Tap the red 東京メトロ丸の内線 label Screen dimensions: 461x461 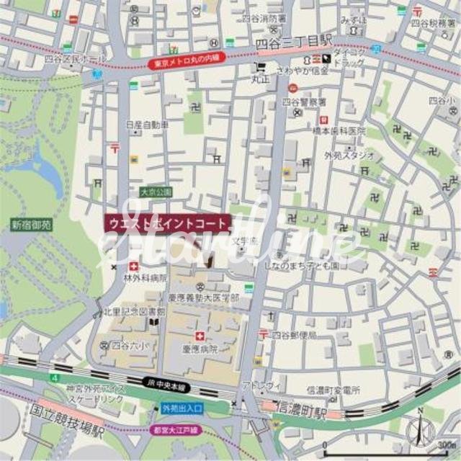(x=187, y=63)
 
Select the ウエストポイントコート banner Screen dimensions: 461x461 (x=168, y=223)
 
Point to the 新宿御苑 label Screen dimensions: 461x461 (x=31, y=225)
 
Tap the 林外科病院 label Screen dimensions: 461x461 (x=145, y=277)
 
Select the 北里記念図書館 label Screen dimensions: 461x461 (x=134, y=312)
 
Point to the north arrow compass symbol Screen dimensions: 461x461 (x=419, y=429)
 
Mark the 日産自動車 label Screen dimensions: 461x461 (x=147, y=125)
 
